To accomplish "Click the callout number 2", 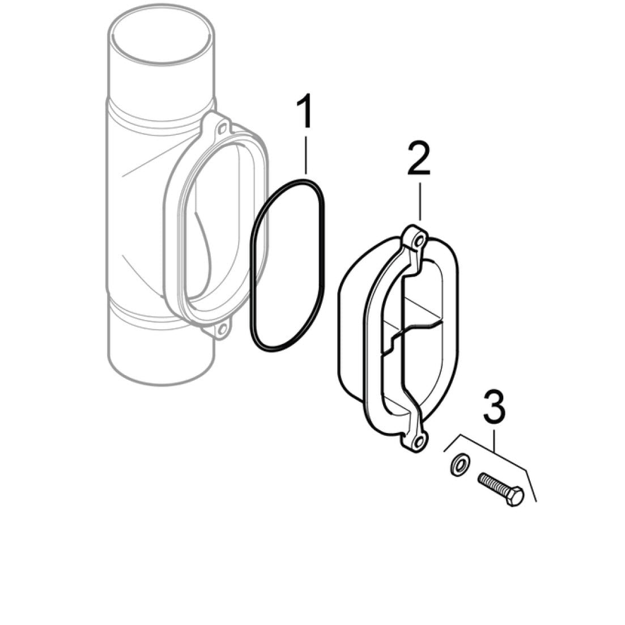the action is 419,159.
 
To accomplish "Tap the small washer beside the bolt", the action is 460,464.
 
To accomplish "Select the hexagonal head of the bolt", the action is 515,496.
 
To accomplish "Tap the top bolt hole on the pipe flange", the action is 223,129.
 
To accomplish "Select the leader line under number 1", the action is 306,155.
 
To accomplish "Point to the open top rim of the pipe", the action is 161,36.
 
